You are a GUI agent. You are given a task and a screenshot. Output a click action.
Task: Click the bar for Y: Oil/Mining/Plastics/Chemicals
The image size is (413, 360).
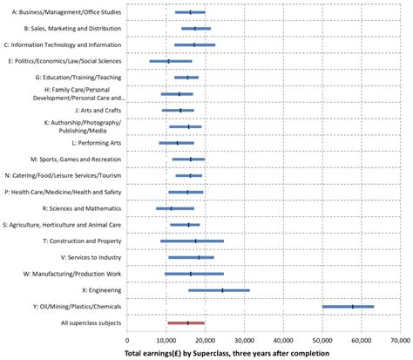coord(348,307)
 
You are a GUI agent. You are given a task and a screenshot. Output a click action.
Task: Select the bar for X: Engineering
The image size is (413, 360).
coord(219,290)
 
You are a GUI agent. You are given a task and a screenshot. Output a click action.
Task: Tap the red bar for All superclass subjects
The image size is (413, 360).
coord(186,323)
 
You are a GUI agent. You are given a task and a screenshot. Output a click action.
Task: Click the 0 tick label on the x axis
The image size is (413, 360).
coord(127,342)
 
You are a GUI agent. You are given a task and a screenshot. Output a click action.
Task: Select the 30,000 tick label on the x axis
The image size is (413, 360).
coord(244,342)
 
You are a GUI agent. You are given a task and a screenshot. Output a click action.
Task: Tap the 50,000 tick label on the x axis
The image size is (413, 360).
coord(322,342)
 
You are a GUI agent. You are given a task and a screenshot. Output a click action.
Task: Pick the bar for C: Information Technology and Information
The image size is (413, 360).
coord(194,44)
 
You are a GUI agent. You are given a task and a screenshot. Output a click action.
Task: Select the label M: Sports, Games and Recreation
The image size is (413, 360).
coord(76,160)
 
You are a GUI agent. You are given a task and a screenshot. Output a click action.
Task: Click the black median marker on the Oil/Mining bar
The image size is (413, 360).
coord(353,307)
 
